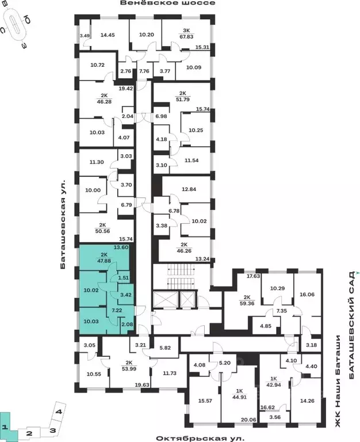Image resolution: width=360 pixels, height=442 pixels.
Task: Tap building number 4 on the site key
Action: click(59, 411)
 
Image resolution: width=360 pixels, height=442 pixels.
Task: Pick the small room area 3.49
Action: click(85, 36)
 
